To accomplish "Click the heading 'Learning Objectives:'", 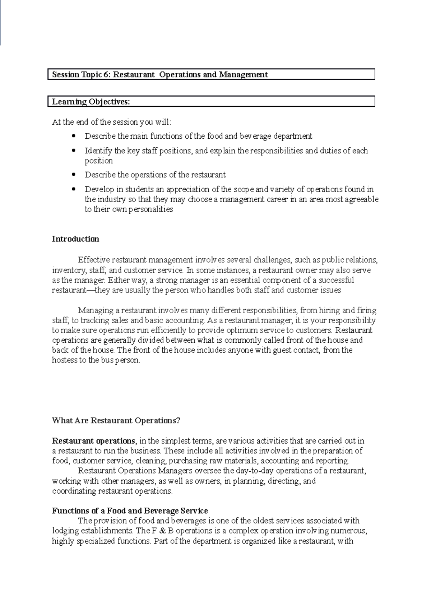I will click(x=91, y=102).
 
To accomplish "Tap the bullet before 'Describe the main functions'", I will click(x=74, y=136).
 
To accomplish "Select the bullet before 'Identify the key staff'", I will click(x=74, y=151).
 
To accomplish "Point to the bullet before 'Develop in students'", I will click(x=74, y=189).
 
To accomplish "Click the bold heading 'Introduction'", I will click(x=75, y=239).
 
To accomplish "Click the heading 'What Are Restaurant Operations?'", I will click(x=116, y=420).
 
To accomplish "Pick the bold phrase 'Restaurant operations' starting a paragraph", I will click(x=93, y=440).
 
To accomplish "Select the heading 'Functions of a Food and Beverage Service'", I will click(x=130, y=510).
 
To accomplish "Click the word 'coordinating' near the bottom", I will click(x=74, y=491).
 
